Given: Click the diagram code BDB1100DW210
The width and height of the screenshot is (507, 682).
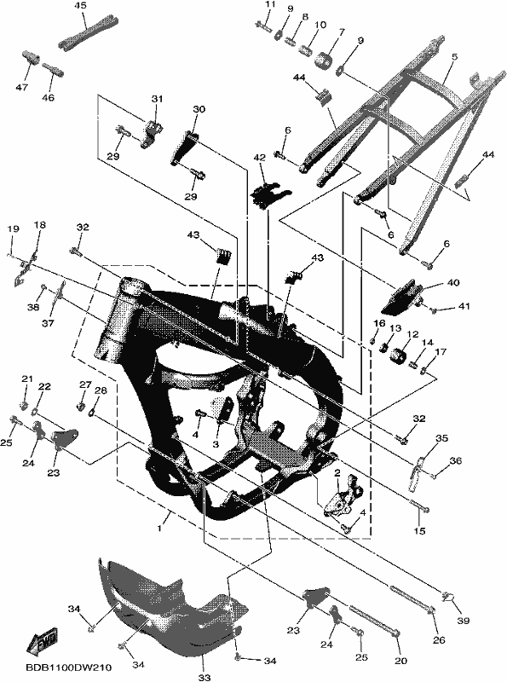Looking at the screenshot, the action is tap(68, 668).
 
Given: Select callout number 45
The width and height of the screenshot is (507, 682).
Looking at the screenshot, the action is tap(80, 5).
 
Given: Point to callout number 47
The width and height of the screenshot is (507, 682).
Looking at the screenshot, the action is tap(22, 87).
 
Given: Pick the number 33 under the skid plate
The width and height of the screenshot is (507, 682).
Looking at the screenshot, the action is tap(205, 677).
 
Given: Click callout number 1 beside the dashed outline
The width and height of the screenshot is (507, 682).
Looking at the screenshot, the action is tap(159, 528).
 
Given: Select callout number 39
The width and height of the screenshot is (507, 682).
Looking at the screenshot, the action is tap(464, 621).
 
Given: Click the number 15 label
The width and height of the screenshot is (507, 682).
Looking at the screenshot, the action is tap(419, 530).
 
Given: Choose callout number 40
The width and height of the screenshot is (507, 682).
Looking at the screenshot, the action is tap(452, 283).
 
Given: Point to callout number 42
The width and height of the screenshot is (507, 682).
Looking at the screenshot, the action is tap(260, 158).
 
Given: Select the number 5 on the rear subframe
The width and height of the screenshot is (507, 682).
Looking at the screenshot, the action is tap(454, 56).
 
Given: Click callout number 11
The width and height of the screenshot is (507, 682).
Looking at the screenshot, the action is tap(270, 4).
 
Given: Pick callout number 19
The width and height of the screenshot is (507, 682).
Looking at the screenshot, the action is tap(13, 228).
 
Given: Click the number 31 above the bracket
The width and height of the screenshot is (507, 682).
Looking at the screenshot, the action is tap(157, 99).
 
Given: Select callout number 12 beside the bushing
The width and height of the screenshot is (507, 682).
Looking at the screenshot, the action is tap(412, 334).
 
